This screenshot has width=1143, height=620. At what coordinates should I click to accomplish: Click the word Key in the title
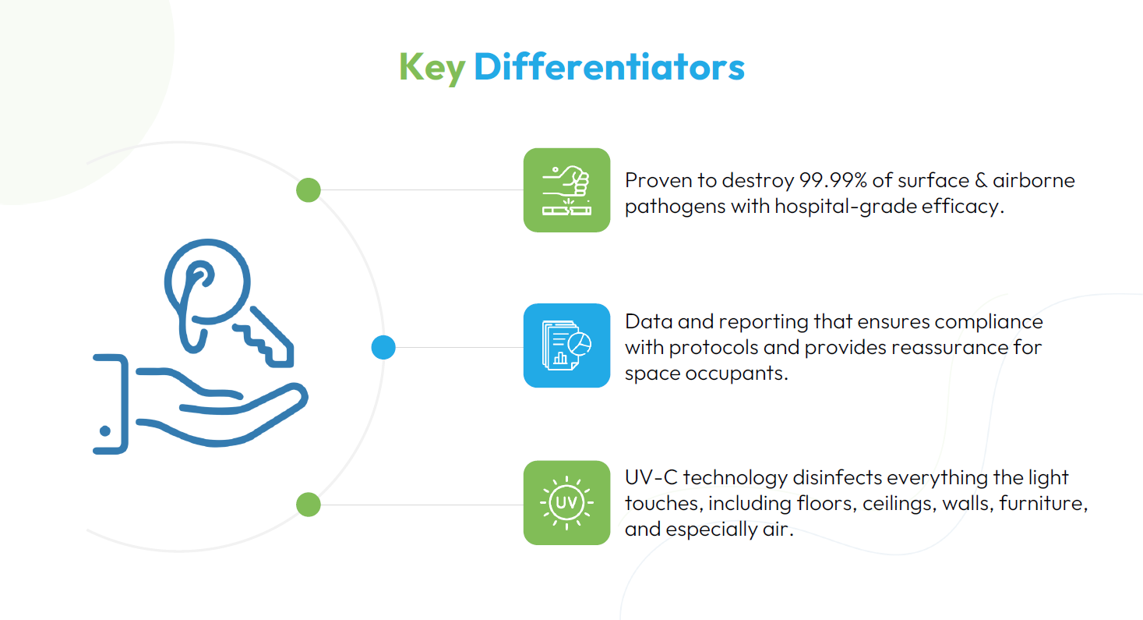tap(432, 68)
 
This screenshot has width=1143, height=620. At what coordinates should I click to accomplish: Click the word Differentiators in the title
tap(609, 67)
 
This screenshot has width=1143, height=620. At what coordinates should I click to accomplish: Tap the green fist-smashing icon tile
tap(566, 190)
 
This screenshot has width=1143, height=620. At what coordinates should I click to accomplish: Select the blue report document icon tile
tap(566, 345)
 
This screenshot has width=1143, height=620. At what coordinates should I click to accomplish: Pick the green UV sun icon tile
tap(566, 502)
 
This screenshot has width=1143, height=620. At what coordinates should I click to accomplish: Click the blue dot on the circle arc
tap(383, 347)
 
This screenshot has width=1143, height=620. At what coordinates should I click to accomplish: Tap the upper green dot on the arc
tap(309, 190)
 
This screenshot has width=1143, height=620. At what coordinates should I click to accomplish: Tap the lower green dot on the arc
tap(309, 505)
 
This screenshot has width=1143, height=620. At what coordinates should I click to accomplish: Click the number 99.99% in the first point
tap(833, 180)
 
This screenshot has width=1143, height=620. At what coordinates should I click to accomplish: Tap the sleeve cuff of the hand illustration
tap(110, 404)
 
